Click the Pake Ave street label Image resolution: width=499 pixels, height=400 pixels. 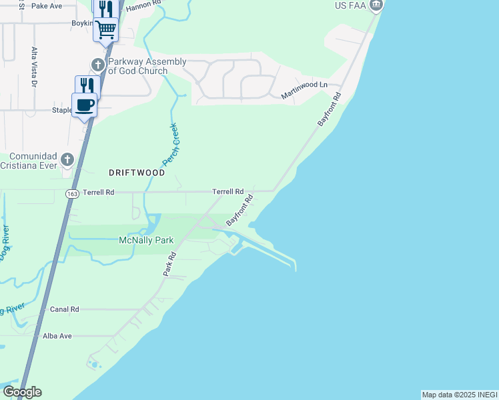(47, 6)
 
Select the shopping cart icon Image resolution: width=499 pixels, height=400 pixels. (106, 29)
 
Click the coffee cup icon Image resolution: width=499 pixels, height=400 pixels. (85, 105)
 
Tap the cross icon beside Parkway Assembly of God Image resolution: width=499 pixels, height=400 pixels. (98, 65)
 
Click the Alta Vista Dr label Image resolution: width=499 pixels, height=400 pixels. (34, 67)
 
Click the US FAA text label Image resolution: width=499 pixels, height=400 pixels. (351, 6)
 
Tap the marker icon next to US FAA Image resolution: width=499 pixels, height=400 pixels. (376, 6)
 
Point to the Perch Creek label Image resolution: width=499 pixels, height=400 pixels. (171, 145)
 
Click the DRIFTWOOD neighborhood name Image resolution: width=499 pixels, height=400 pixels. (137, 172)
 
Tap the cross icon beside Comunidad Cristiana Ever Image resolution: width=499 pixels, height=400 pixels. (67, 159)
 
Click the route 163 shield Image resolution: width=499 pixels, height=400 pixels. (72, 193)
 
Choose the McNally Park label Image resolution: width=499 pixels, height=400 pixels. (146, 240)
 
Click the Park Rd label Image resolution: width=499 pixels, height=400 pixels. (169, 264)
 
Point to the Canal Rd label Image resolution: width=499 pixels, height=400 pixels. (65, 309)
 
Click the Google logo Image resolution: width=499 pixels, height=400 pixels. (22, 392)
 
